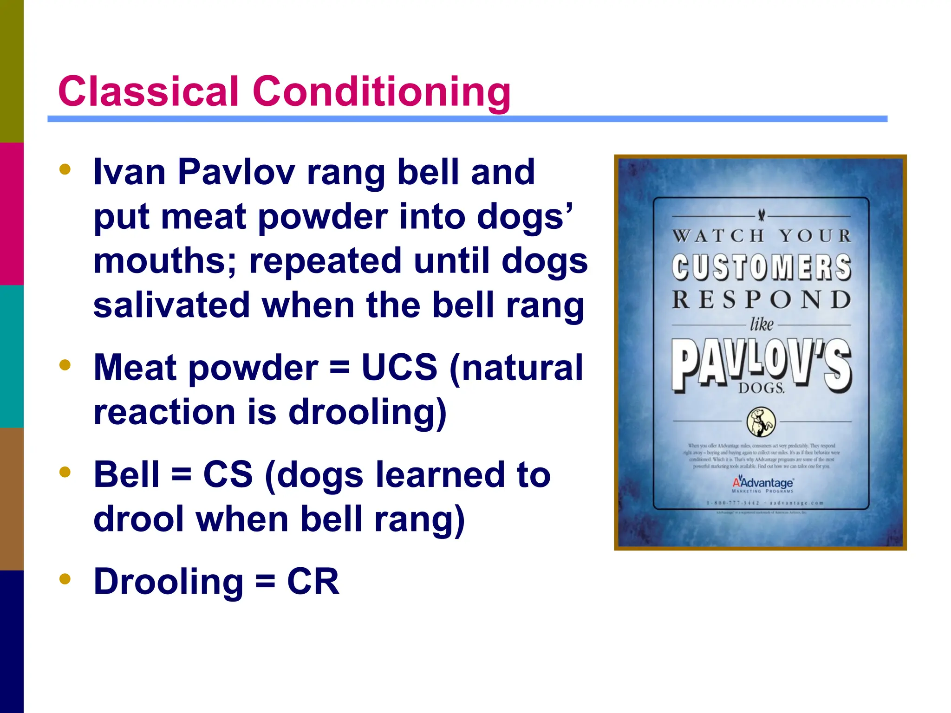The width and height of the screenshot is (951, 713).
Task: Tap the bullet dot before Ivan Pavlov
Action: pos(65,169)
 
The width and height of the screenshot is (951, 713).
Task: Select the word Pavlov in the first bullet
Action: pos(236,172)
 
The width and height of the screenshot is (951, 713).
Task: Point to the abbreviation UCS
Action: pos(399,368)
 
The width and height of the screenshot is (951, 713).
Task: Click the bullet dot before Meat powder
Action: pos(65,365)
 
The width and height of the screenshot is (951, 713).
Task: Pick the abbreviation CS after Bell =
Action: pos(228,475)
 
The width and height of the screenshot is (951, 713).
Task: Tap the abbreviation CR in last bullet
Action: pos(313,582)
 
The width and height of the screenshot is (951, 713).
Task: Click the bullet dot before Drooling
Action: pos(65,579)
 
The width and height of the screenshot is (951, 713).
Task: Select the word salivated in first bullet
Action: pos(171,305)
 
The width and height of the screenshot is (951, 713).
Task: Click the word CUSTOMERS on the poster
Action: pos(762,268)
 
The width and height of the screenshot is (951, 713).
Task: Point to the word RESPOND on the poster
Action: pos(762,300)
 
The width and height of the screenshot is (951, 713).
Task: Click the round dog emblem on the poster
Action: pos(761,422)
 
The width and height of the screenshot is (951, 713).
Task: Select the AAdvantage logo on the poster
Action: pos(763,484)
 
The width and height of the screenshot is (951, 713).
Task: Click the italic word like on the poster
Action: pos(762,324)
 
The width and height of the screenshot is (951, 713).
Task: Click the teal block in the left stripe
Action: pos(12,356)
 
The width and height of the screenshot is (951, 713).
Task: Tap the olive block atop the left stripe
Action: pos(12,71)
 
